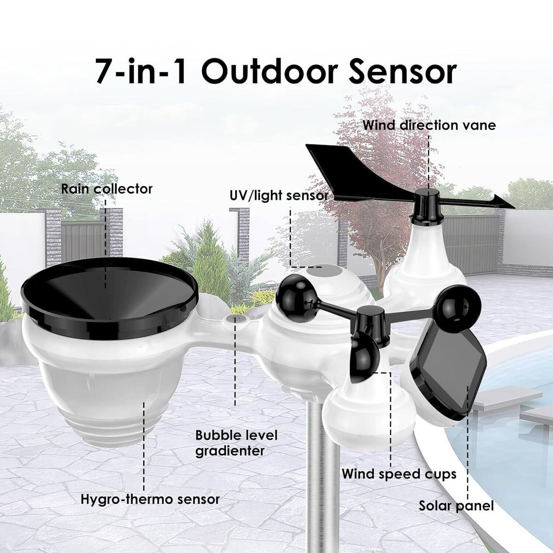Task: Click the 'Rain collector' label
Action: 107,189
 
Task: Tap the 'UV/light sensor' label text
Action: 279,196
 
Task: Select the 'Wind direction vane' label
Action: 429,125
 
